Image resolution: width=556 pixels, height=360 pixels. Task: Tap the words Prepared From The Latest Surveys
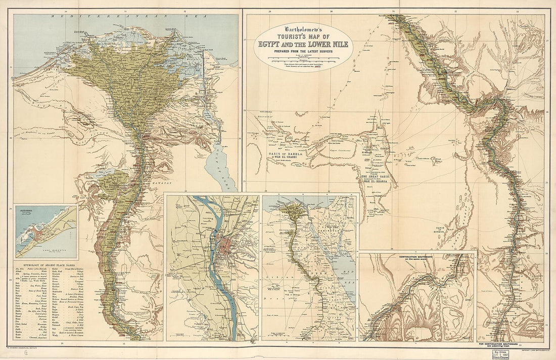pyautogui.click(x=302, y=52)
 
